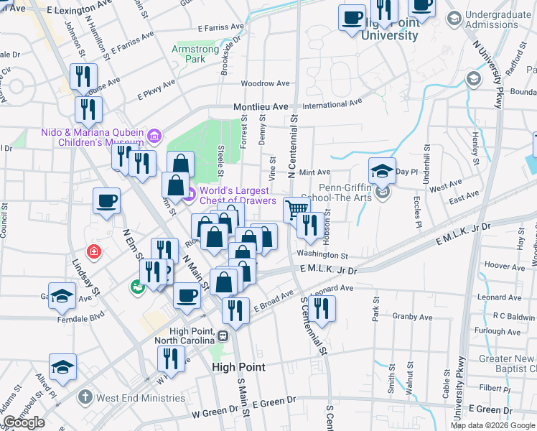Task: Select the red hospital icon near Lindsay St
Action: click(x=93, y=251)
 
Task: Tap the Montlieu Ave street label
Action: click(x=260, y=106)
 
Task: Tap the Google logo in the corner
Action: click(x=24, y=422)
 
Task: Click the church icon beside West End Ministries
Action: click(x=85, y=397)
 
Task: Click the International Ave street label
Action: click(x=332, y=104)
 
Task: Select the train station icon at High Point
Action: click(x=223, y=335)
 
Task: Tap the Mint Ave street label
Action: click(x=314, y=172)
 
